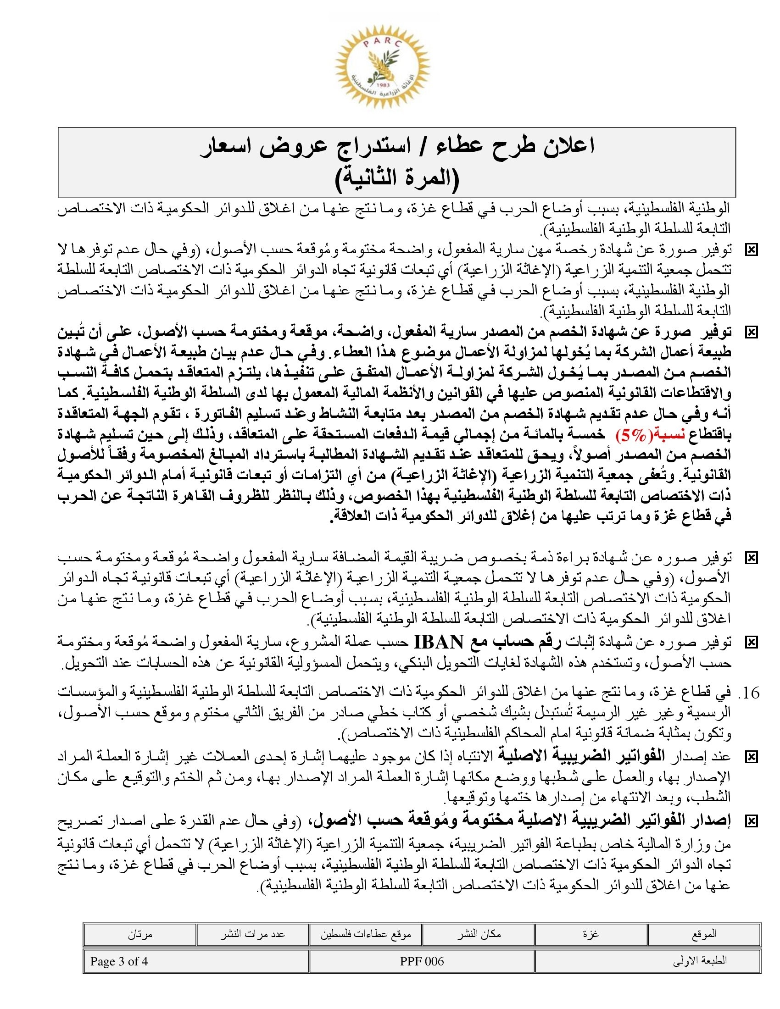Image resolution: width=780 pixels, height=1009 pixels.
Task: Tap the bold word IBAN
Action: tap(438, 642)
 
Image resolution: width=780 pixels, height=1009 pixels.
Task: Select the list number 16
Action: tap(750, 693)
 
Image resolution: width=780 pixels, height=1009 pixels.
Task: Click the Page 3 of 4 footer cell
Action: tap(119, 961)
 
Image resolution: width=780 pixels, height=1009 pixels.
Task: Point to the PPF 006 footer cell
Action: tap(421, 961)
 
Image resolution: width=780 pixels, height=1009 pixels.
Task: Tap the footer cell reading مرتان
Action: tap(140, 934)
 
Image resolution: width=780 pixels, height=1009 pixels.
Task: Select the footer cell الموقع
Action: tap(704, 934)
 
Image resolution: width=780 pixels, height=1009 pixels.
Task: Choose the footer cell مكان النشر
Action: tap(479, 934)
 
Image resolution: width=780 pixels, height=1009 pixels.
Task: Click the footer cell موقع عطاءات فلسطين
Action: tap(366, 934)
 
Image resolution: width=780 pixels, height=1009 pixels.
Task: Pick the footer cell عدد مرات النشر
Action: tap(253, 934)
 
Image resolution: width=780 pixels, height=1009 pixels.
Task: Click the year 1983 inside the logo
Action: tap(383, 85)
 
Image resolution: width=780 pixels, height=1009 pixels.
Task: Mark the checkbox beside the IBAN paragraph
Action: tap(752, 642)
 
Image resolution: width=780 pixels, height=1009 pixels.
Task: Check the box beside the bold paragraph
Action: tap(752, 332)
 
